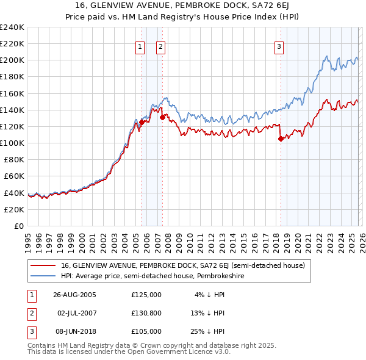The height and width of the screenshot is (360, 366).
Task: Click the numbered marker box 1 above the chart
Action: pos(140,46)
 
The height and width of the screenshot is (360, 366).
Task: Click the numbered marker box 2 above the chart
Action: pos(160,46)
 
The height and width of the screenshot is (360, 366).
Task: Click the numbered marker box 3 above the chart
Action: pos(279,46)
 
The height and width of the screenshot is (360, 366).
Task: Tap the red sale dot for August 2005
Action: pos(142,122)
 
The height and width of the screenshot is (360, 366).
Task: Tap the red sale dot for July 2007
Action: pos(162,117)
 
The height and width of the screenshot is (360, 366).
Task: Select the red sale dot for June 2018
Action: pos(280,139)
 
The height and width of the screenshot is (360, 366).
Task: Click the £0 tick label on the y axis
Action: pos(18,226)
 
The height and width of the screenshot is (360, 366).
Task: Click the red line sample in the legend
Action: pos(43,265)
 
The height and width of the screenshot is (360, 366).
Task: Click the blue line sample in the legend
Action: pos(43,276)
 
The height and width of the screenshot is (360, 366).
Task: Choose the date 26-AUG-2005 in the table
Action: pos(74,295)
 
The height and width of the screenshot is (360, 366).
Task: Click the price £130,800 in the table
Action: pos(146,313)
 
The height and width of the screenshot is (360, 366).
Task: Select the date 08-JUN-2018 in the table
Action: pos(74,331)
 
